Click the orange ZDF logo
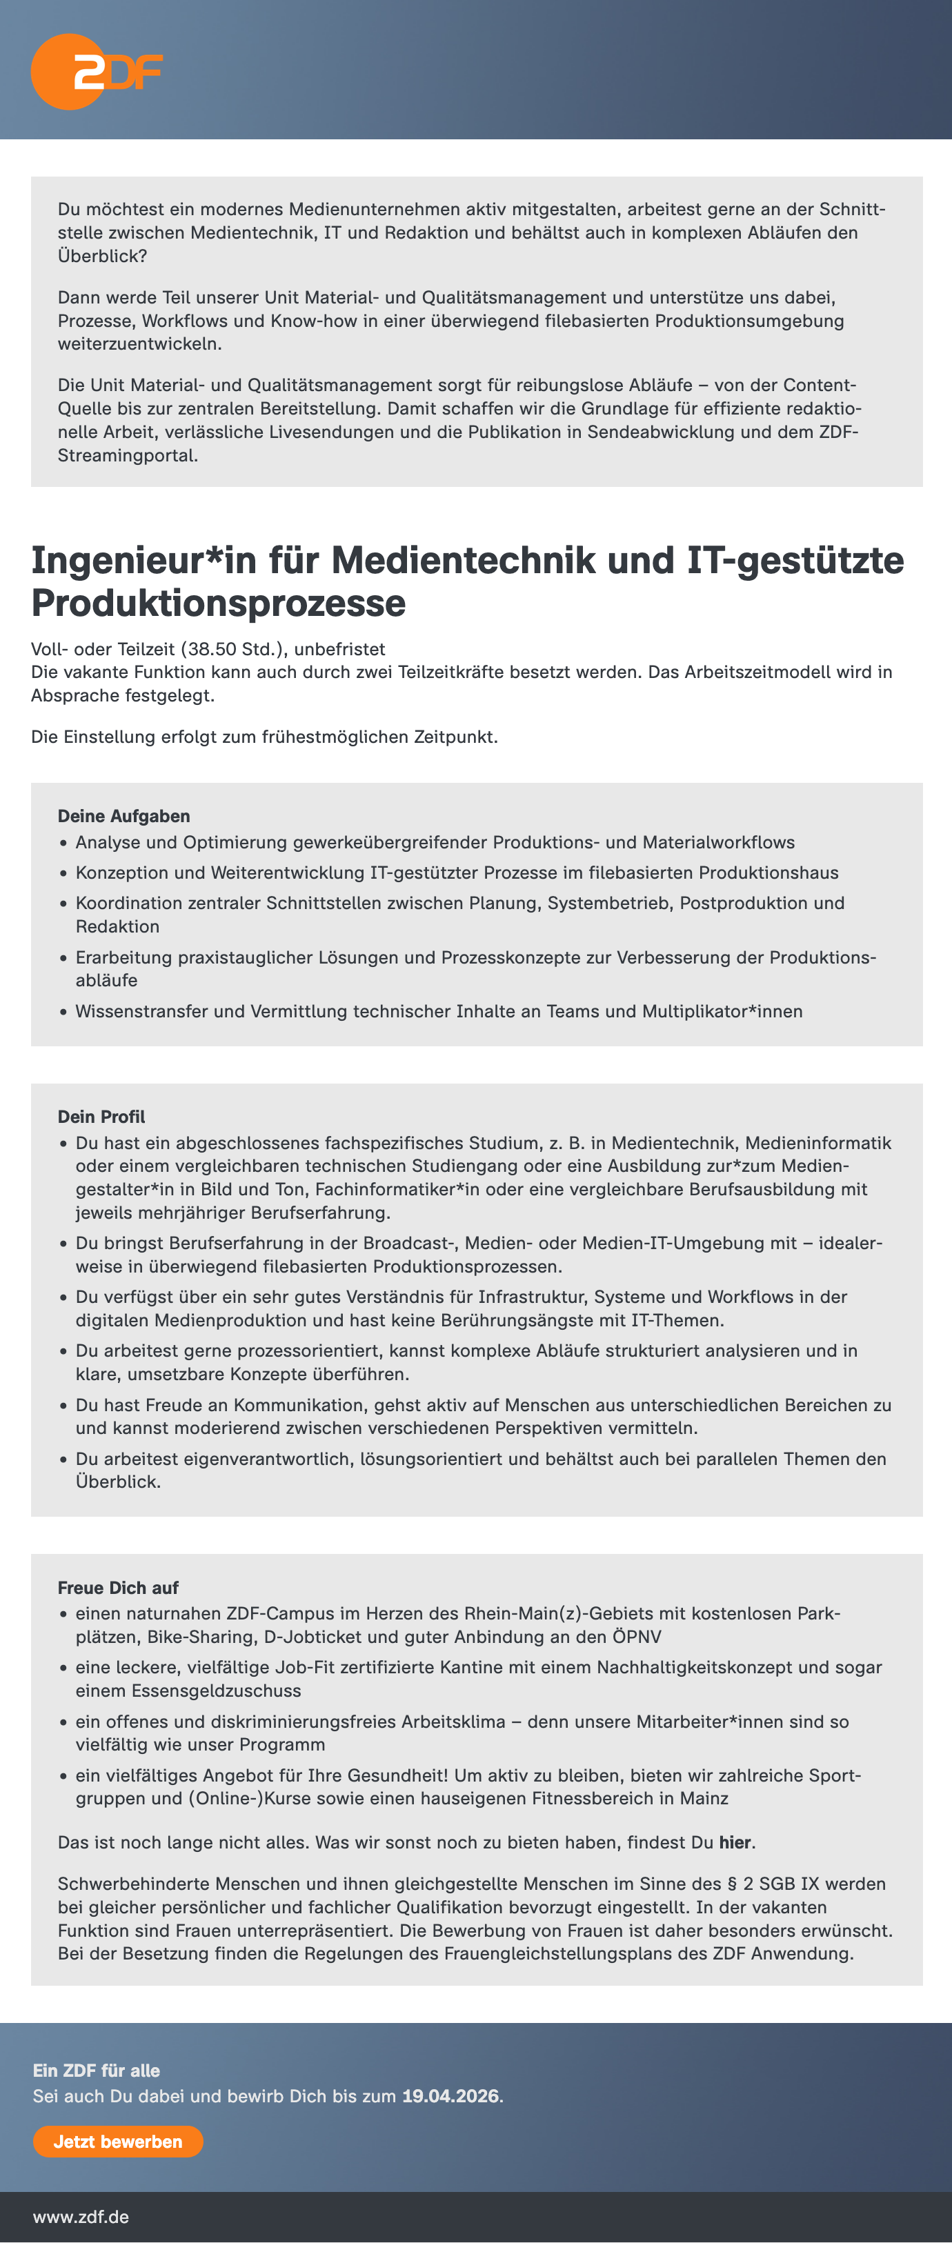pyautogui.click(x=96, y=72)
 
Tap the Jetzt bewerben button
pyautogui.click(x=117, y=2141)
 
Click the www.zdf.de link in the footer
pyautogui.click(x=81, y=2216)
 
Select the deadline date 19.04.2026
pyautogui.click(x=450, y=2096)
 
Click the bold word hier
pyautogui.click(x=734, y=1842)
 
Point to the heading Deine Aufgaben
pyautogui.click(x=123, y=816)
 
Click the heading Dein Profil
pyautogui.click(x=101, y=1116)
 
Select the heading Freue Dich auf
pyautogui.click(x=117, y=1587)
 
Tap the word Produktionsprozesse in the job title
pyautogui.click(x=218, y=604)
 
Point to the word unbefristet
pyautogui.click(x=339, y=649)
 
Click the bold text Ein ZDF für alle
pyautogui.click(x=96, y=2071)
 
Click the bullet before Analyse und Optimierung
pyautogui.click(x=63, y=843)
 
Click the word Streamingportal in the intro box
pyautogui.click(x=126, y=455)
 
